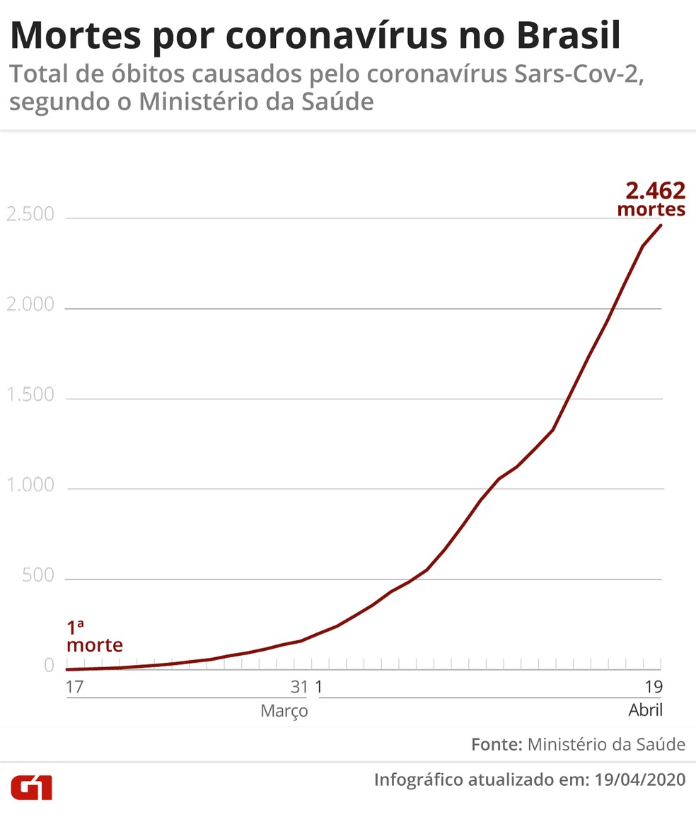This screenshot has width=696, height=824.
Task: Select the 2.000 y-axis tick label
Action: click(x=30, y=305)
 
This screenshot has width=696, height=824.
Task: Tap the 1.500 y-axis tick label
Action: click(x=30, y=395)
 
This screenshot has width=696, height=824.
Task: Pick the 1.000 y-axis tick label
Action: click(x=30, y=485)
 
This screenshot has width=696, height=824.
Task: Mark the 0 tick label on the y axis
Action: click(x=49, y=666)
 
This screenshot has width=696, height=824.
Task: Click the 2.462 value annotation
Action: click(x=655, y=191)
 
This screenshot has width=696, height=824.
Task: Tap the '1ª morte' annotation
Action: click(x=94, y=637)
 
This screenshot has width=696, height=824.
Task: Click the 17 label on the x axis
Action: click(x=75, y=687)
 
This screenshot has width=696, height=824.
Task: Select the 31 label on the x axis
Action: click(x=299, y=687)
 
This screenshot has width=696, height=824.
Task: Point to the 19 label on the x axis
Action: click(x=654, y=687)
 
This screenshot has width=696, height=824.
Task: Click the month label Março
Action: click(x=284, y=711)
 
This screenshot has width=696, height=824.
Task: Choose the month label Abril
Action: click(x=645, y=711)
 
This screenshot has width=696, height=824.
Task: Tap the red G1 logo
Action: click(x=31, y=787)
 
